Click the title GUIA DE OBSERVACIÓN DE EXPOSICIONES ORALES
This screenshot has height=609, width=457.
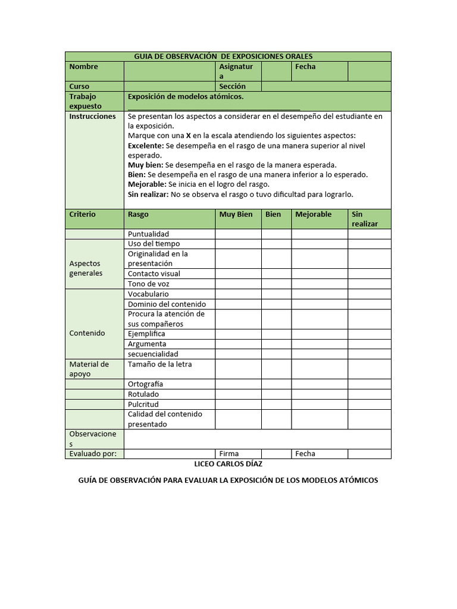[x=223, y=56]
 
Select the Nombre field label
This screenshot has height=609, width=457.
[x=83, y=67]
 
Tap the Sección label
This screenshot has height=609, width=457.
[x=232, y=86]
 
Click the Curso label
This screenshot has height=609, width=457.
[x=79, y=86]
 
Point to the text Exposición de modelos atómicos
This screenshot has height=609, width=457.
[x=186, y=96]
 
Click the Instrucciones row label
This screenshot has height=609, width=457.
[x=92, y=117]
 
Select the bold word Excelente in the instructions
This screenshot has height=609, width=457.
[x=145, y=146]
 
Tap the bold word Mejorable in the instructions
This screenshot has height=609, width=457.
[x=146, y=184]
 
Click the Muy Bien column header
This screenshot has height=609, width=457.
[x=236, y=214]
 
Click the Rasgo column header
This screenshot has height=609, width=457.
[x=138, y=214]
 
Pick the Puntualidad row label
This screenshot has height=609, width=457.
[x=149, y=234]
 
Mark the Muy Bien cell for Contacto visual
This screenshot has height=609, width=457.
[x=238, y=274]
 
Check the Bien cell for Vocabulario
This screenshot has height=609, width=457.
[x=276, y=294]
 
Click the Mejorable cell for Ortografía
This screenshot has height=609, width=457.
[x=319, y=384]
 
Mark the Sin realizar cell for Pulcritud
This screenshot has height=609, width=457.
[x=369, y=404]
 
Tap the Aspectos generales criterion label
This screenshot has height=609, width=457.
[x=86, y=268]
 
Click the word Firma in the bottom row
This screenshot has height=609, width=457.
[x=229, y=454]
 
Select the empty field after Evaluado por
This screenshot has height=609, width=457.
[x=169, y=454]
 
